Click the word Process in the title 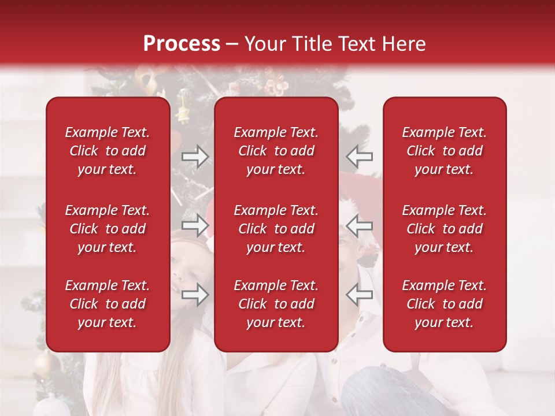(182, 44)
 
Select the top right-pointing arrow (195, 156)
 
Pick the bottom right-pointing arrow (195, 295)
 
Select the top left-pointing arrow (360, 156)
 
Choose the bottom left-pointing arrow (360, 295)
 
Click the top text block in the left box (108, 151)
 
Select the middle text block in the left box (108, 229)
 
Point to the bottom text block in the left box (108, 304)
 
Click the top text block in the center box (276, 151)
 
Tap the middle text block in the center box (276, 229)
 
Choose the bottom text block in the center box (276, 304)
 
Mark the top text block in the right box (445, 151)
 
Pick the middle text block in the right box (445, 229)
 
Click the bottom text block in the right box (445, 304)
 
